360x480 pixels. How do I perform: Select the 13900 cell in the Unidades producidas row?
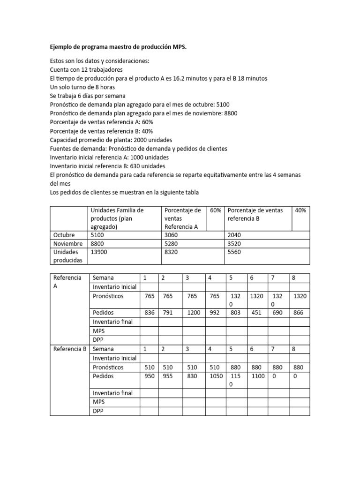tap(98, 252)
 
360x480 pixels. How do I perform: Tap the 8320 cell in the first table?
tap(172, 252)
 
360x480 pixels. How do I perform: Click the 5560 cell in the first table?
tap(235, 252)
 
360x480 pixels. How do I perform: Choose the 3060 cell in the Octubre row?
tap(172, 234)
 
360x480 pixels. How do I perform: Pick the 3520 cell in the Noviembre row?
tap(235, 243)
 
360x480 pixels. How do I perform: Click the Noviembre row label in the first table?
tap(68, 243)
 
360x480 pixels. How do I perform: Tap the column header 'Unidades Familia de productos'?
tap(117, 218)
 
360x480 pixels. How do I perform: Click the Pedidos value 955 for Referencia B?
tap(169, 376)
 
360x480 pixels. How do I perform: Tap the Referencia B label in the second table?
tap(70, 349)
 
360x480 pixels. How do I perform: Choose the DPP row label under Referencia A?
tap(98, 340)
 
